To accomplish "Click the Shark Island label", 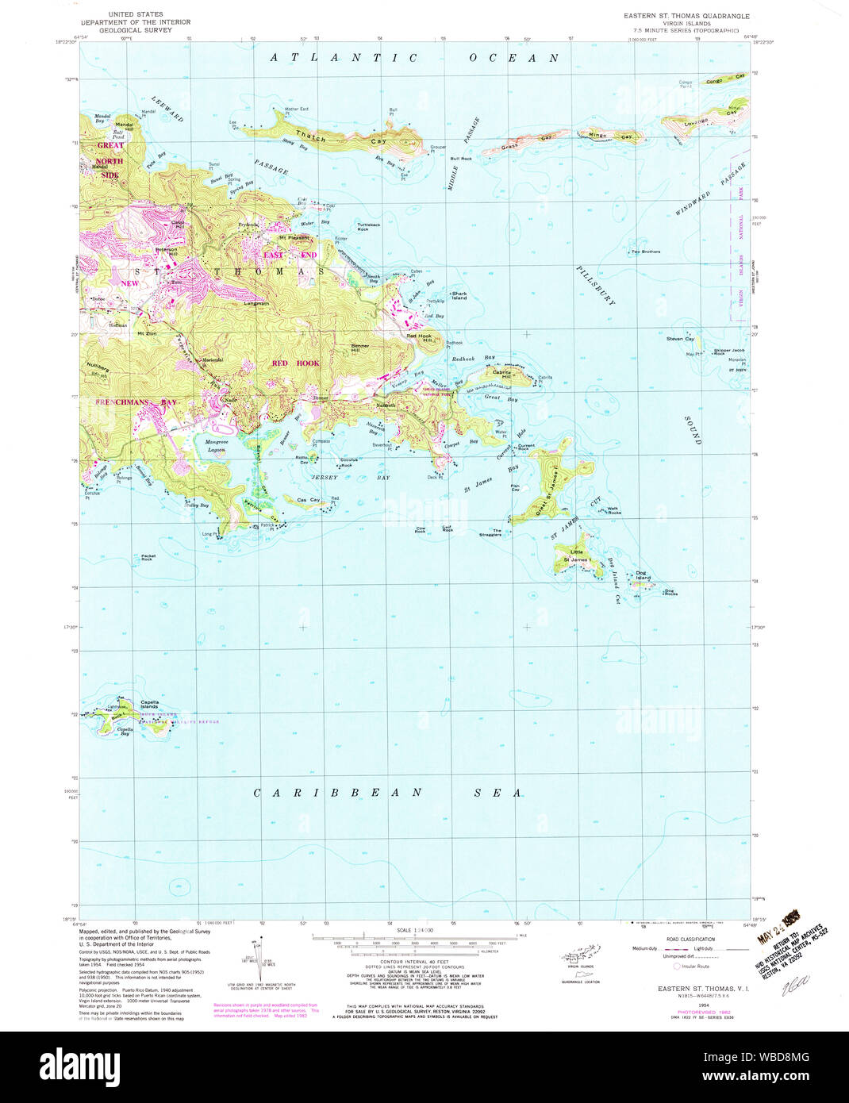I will click(x=459, y=296).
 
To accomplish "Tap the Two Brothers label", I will click(x=645, y=252).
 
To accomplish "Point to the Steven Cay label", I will click(x=680, y=339).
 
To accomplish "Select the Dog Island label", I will click(x=643, y=575).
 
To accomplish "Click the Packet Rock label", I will click(x=148, y=558).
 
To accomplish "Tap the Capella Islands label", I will click(x=149, y=704).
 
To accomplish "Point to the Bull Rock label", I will click(x=461, y=159).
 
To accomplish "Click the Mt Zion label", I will click(x=146, y=333).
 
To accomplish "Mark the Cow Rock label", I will click(x=420, y=529).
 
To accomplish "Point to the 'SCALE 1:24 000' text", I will click(x=416, y=930).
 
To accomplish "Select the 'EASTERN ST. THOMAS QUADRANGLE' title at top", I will click(x=686, y=16).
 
